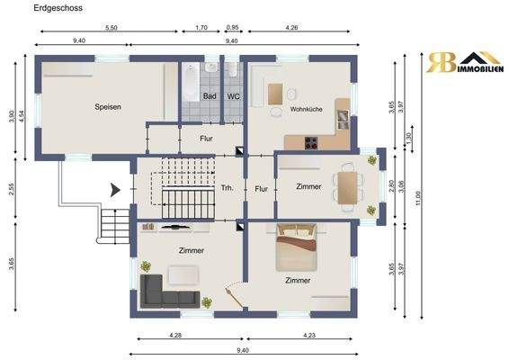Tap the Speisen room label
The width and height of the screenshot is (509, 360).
click(108, 106)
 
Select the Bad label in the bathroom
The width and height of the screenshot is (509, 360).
click(210, 95)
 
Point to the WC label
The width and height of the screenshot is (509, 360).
click(233, 95)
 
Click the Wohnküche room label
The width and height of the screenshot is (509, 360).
click(306, 109)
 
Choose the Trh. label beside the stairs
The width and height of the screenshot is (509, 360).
click(228, 190)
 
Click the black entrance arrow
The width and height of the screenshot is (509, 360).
click(115, 189)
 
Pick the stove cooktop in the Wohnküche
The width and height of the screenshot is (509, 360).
click(312, 141)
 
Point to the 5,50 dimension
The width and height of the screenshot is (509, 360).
click(112, 29)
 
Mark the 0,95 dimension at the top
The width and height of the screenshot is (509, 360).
click(233, 29)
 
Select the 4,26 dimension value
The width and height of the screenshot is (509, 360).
click(292, 29)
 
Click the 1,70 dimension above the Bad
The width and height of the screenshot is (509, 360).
click(201, 29)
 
